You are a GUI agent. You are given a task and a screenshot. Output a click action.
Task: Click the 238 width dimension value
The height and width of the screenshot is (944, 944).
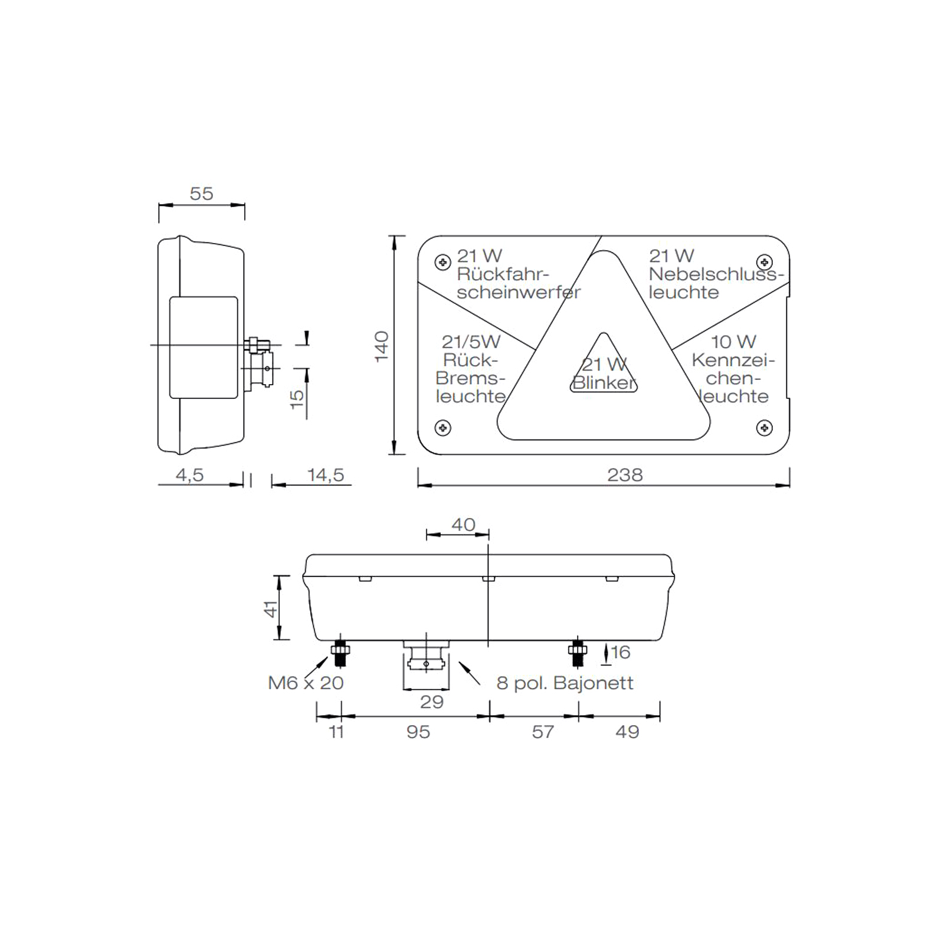click(x=625, y=475)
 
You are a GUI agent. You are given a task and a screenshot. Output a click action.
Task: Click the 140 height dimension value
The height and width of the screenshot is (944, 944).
click(x=382, y=346)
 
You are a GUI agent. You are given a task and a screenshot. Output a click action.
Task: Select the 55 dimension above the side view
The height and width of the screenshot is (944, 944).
click(x=201, y=194)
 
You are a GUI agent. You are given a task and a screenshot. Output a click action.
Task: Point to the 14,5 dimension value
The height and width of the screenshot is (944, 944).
click(x=326, y=475)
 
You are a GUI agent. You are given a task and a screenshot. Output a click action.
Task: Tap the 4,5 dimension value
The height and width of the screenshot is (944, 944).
click(x=189, y=475)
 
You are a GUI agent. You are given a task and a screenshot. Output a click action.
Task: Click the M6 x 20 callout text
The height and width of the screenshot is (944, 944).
click(x=306, y=683)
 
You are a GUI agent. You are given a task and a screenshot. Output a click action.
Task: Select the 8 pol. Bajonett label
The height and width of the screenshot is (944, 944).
click(x=565, y=683)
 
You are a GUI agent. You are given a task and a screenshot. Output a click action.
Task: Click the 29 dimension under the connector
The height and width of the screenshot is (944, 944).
click(x=432, y=702)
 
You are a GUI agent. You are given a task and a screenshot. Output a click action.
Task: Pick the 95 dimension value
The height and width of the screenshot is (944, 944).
click(x=418, y=732)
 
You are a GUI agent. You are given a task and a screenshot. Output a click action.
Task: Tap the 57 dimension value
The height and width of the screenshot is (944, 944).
click(x=543, y=732)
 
